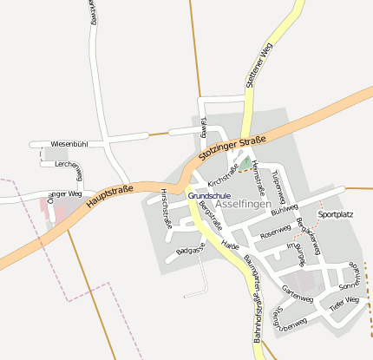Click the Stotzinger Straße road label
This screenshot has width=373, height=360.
[231, 146]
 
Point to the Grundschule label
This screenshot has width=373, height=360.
[209, 197]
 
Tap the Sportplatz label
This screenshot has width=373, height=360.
[336, 213]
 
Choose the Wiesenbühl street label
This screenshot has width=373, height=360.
[69, 144]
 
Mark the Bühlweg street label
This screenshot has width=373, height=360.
[284, 209]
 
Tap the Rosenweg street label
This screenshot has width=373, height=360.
[274, 232]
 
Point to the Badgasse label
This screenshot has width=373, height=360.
[191, 250]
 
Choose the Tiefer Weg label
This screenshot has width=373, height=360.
[344, 303]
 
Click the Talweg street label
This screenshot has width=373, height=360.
[204, 127]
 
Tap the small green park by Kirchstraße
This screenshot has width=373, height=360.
[246, 163]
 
